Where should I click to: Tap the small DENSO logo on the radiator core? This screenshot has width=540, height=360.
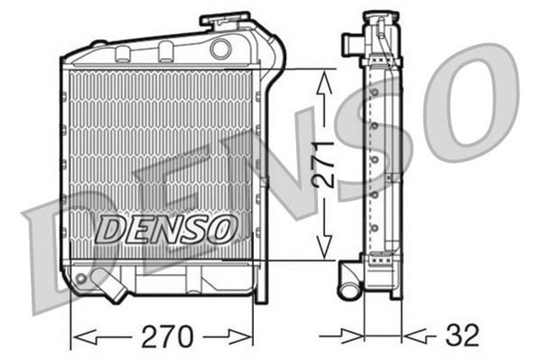click(x=165, y=227)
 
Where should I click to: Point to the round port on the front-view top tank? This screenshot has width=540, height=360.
click(x=221, y=48)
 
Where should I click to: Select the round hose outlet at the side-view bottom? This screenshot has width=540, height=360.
click(x=348, y=289)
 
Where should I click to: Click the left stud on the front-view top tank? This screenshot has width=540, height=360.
click(x=122, y=53)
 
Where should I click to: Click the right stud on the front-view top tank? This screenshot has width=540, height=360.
click(x=166, y=50)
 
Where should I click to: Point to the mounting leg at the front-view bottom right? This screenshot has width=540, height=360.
click(x=261, y=287)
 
